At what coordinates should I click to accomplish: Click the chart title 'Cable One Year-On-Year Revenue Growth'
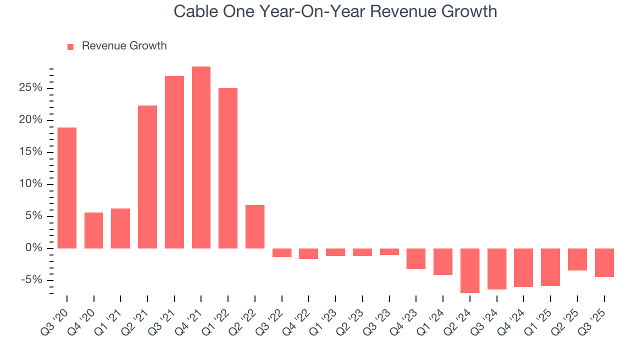(335, 11)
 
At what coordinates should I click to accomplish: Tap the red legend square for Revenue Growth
(70, 46)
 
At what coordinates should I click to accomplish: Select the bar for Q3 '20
(67, 188)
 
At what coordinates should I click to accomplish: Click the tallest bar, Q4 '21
(201, 157)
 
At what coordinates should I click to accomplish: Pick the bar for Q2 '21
(147, 177)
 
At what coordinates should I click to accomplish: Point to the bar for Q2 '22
(255, 226)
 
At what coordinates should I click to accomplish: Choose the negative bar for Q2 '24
(470, 270)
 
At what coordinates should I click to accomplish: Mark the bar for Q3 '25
(604, 262)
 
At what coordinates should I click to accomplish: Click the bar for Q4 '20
(94, 230)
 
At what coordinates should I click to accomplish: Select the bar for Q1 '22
(228, 168)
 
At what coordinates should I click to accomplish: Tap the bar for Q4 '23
(416, 258)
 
